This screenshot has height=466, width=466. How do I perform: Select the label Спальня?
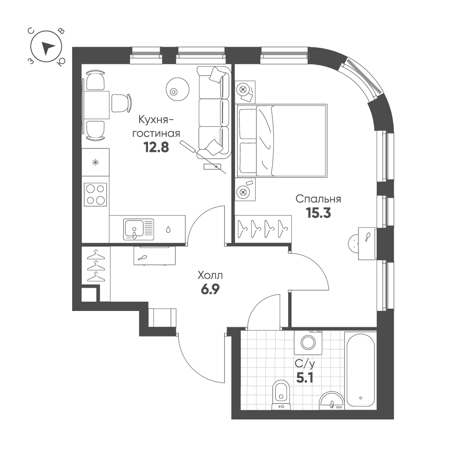tap(319, 199)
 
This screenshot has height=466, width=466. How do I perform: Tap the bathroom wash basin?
tap(332, 400)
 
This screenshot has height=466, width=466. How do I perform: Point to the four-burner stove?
tap(95, 194)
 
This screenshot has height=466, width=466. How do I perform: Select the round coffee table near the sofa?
tap(177, 88)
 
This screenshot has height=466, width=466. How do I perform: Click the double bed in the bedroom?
tap(281, 141)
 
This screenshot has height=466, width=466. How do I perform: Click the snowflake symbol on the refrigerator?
tap(95, 162)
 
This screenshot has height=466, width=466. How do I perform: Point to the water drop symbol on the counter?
tap(168, 229)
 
